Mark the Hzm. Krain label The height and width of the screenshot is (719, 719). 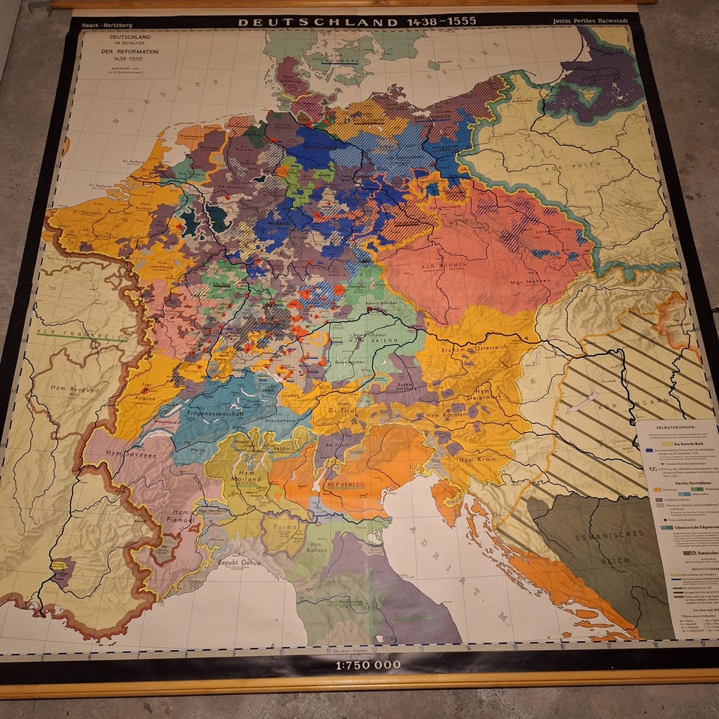click(473, 458)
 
